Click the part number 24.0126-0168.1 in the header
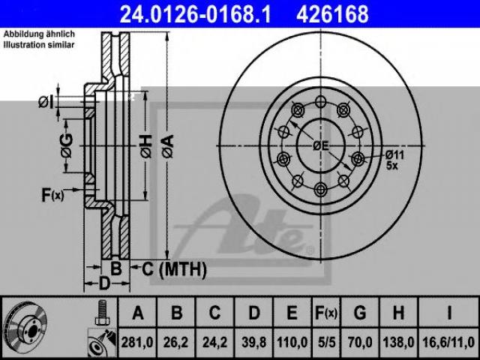(x=195, y=14)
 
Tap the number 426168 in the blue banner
(x=332, y=14)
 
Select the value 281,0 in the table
(x=137, y=342)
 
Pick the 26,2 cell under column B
(x=175, y=342)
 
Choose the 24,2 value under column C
(x=214, y=342)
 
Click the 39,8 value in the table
(x=253, y=342)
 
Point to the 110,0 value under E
(x=292, y=342)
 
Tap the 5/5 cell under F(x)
(x=326, y=342)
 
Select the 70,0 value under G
(x=360, y=342)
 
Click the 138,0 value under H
(x=398, y=342)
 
